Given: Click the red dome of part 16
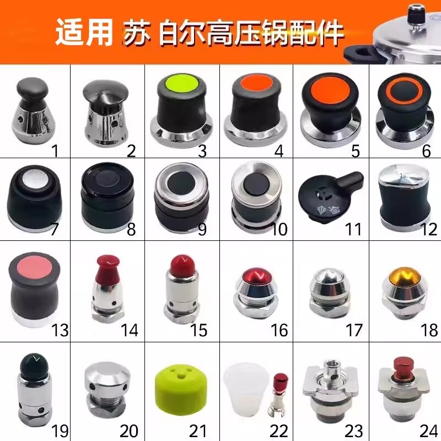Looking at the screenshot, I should (255, 274).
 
